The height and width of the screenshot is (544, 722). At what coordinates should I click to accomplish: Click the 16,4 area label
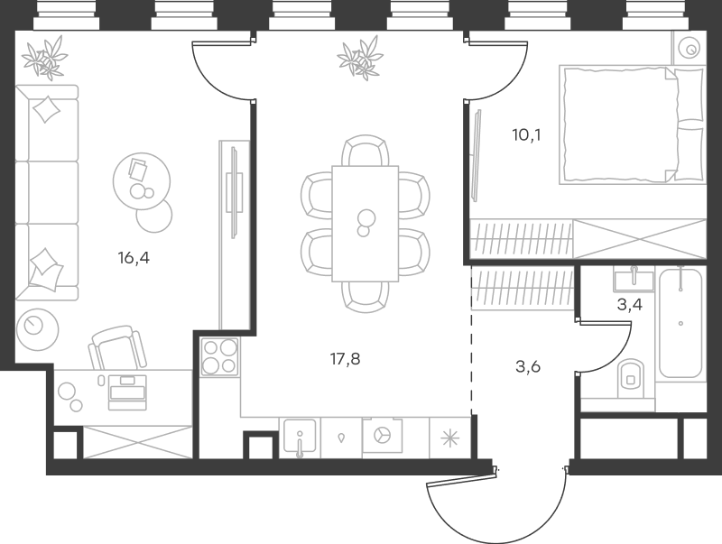click(x=133, y=258)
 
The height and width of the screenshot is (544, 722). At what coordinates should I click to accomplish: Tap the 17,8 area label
click(x=346, y=358)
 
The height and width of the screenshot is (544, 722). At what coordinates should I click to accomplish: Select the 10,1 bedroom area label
click(x=526, y=136)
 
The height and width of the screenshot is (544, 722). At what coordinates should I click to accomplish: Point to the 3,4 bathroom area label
click(x=628, y=304)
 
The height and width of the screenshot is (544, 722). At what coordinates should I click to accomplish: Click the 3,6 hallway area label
click(x=529, y=366)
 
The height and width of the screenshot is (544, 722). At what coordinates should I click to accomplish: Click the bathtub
click(x=680, y=322)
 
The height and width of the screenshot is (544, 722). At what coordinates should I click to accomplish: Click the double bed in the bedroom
click(x=632, y=124)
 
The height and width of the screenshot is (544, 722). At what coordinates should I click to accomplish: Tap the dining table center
click(x=366, y=222)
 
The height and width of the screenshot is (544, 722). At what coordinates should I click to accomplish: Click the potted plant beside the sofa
click(x=44, y=59)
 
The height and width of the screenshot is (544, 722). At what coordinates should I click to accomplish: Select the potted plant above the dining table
click(x=358, y=59)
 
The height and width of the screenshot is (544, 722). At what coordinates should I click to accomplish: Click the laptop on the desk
click(x=126, y=391)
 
